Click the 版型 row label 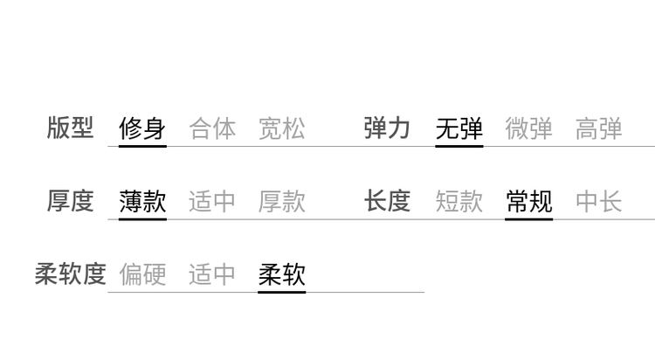point(70,128)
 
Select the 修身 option point(142,128)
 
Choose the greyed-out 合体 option point(212,128)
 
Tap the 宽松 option point(282,128)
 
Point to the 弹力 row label point(387,128)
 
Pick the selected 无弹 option point(459,128)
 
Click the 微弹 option point(529,128)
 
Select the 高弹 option point(598,128)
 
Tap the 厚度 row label point(70,201)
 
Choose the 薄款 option point(142,201)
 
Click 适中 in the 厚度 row point(212,201)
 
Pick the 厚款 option point(282,201)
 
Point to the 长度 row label point(387,201)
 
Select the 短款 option point(459,201)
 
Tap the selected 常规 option point(529,201)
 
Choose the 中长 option point(598,201)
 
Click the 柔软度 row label point(70,274)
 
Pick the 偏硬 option point(142,274)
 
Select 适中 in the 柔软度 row point(212,274)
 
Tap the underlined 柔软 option point(282,274)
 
